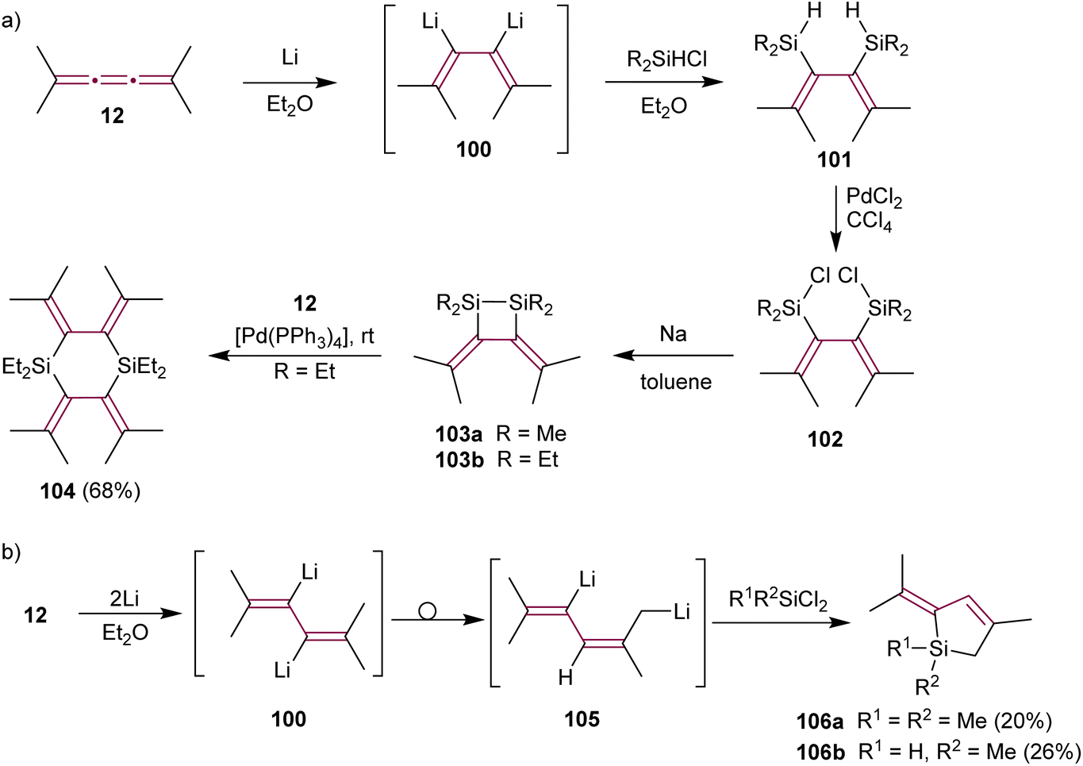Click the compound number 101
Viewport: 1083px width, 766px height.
[834, 160]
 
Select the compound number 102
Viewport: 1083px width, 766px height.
[825, 439]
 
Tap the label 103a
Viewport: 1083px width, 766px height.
[459, 433]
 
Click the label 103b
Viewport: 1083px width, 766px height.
[459, 460]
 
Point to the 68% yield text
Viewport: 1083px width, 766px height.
[112, 491]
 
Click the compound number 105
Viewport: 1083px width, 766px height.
[582, 720]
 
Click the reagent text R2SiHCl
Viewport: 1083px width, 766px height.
[666, 60]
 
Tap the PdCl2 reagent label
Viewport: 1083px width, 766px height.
[874, 198]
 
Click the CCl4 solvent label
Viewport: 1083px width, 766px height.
[869, 222]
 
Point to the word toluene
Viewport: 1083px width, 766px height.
[677, 382]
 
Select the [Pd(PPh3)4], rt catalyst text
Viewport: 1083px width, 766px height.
[305, 337]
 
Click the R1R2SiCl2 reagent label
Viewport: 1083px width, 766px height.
[778, 600]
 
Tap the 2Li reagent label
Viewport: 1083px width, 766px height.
[125, 599]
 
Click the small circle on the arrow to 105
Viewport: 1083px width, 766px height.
[428, 612]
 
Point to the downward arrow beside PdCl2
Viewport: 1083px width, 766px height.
[835, 220]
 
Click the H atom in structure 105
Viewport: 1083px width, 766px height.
[565, 678]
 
